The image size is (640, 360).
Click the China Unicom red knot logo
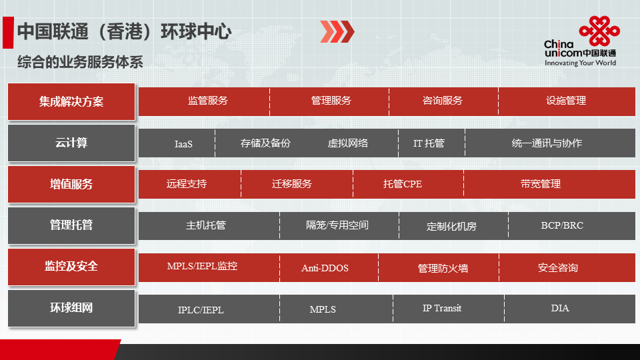(x=599, y=31)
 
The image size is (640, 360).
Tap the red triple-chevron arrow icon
(x=337, y=31)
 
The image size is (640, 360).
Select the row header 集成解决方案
(x=71, y=101)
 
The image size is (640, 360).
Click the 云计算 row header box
(x=71, y=143)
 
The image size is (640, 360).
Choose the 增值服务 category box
(x=71, y=184)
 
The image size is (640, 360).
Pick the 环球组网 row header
(x=71, y=308)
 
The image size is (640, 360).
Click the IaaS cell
(x=177, y=143)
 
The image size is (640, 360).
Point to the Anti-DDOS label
(x=325, y=268)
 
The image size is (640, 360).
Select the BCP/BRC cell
(x=572, y=226)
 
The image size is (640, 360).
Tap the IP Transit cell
(x=449, y=309)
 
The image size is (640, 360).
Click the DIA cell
(x=570, y=309)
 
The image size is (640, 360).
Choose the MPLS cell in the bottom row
(x=336, y=309)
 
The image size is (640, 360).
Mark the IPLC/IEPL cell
(x=209, y=309)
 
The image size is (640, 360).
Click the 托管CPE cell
(x=408, y=185)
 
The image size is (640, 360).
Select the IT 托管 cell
(x=431, y=143)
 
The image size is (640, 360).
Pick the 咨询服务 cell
(x=444, y=101)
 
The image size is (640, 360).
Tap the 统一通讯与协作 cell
(x=550, y=143)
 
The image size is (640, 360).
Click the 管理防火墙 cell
(x=439, y=268)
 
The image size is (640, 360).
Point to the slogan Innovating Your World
(x=580, y=63)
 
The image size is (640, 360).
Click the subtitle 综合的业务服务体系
(x=80, y=62)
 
